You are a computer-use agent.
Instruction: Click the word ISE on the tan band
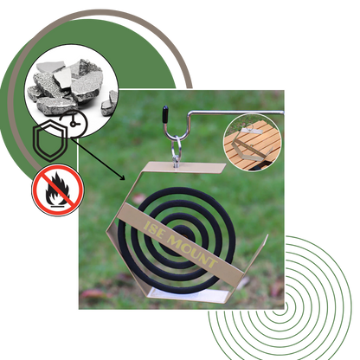[154, 230]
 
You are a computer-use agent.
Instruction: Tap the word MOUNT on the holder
[192, 251]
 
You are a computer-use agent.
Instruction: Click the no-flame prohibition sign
[58, 190]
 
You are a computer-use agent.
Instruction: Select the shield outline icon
[50, 140]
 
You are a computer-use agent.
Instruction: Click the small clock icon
[75, 124]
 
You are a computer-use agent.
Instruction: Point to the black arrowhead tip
[125, 180]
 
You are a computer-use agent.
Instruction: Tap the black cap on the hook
[165, 113]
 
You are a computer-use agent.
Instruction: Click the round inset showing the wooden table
[253, 143]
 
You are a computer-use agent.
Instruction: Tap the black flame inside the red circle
[58, 190]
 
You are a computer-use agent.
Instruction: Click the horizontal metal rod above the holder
[236, 112]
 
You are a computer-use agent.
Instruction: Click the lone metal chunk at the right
[109, 103]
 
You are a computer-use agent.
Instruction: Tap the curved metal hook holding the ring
[176, 127]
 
